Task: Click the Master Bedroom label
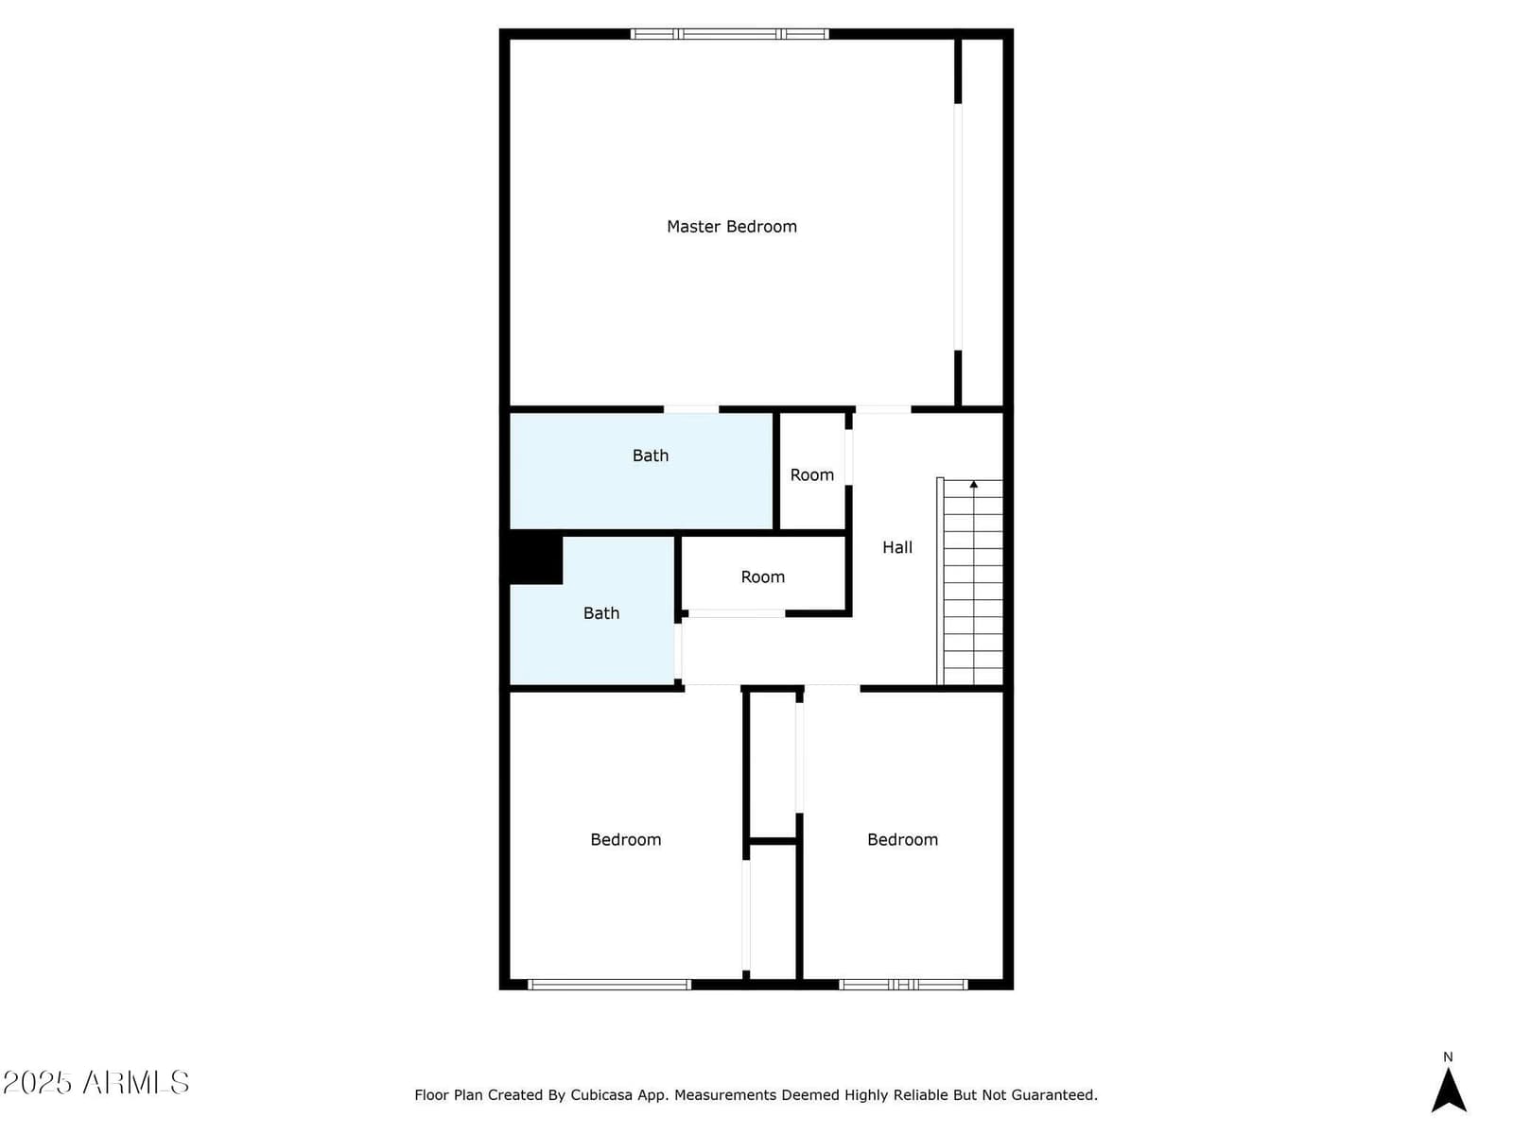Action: pyautogui.click(x=731, y=227)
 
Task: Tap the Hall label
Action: pyautogui.click(x=896, y=547)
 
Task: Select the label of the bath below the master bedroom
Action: pyautogui.click(x=650, y=455)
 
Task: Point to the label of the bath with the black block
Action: pyautogui.click(x=601, y=613)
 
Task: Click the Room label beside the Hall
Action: pyautogui.click(x=812, y=475)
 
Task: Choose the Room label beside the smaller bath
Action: pyautogui.click(x=762, y=577)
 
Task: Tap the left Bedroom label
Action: pyautogui.click(x=625, y=839)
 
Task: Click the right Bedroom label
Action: pyautogui.click(x=902, y=839)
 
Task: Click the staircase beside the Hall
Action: pyautogui.click(x=969, y=581)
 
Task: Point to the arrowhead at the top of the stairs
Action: pyautogui.click(x=973, y=485)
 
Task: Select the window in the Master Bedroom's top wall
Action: pyautogui.click(x=729, y=34)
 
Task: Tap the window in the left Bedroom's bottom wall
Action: pyautogui.click(x=609, y=985)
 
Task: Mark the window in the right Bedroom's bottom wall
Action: pyautogui.click(x=903, y=985)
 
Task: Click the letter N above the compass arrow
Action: pyautogui.click(x=1448, y=1057)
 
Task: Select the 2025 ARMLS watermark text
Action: pyautogui.click(x=96, y=1082)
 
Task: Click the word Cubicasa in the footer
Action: pyautogui.click(x=601, y=1094)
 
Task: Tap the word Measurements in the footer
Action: pyautogui.click(x=725, y=1094)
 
